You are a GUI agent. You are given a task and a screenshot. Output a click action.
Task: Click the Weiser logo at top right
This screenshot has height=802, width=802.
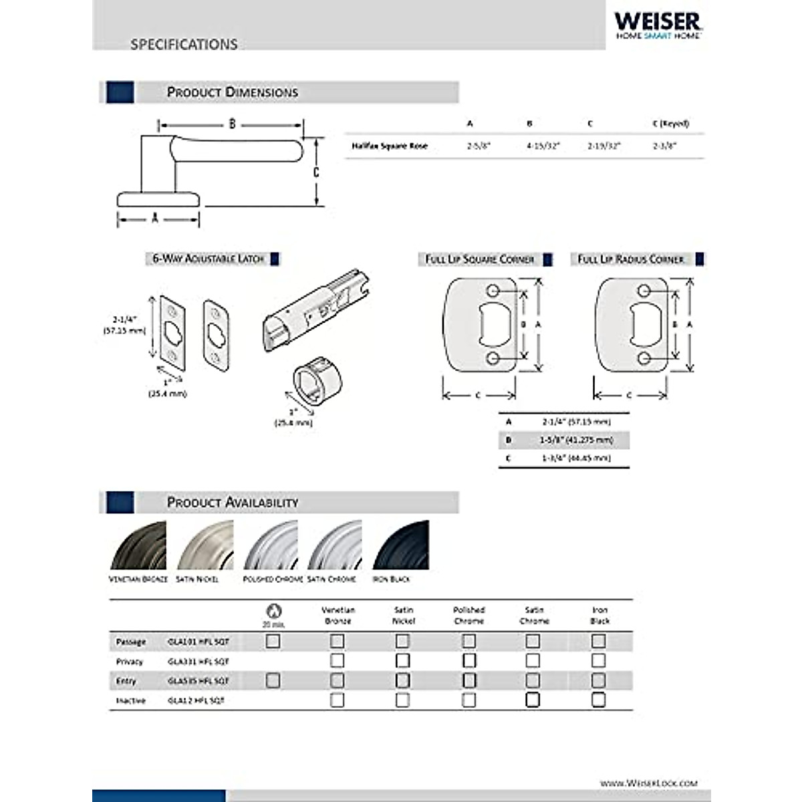[x=658, y=25]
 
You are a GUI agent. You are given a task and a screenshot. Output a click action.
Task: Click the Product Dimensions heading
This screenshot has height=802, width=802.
[x=232, y=92]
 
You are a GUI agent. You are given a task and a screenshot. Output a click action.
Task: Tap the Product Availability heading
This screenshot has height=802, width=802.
[x=232, y=502]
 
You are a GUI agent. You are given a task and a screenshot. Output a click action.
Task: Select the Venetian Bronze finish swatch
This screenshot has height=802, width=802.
[x=138, y=546]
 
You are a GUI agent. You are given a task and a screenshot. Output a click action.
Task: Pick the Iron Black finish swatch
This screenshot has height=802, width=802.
[x=400, y=546]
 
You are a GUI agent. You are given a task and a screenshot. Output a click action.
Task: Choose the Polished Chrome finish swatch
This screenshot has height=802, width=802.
[x=270, y=546]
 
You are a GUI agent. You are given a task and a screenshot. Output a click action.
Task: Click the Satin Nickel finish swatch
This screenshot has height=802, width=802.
[x=205, y=546]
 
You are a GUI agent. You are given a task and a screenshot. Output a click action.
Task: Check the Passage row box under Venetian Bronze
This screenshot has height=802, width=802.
[x=338, y=642]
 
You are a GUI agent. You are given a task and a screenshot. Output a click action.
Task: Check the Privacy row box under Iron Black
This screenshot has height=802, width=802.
[x=599, y=661]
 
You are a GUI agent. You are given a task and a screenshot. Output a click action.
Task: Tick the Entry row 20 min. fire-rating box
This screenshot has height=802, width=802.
[x=273, y=680]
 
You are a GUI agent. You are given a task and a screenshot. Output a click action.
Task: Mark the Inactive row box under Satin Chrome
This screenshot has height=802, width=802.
[x=533, y=700]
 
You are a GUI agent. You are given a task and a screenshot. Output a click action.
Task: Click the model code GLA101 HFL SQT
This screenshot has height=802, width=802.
[x=198, y=642]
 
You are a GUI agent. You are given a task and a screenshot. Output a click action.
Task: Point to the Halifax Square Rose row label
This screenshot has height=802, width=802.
[x=390, y=146]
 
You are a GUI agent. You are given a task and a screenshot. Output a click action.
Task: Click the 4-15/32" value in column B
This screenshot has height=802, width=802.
[x=543, y=146]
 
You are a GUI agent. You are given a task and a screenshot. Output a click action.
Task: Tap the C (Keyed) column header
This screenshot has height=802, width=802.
[x=670, y=124]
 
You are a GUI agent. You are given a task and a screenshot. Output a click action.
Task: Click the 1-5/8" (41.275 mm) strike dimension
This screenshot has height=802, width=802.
[x=575, y=440]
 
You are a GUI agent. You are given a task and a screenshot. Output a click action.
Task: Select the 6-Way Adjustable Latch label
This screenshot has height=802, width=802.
[x=209, y=259]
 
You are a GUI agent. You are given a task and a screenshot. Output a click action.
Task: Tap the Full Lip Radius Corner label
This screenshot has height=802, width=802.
[x=631, y=259]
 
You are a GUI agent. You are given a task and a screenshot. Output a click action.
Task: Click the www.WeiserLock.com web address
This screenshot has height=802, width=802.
[x=648, y=783]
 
